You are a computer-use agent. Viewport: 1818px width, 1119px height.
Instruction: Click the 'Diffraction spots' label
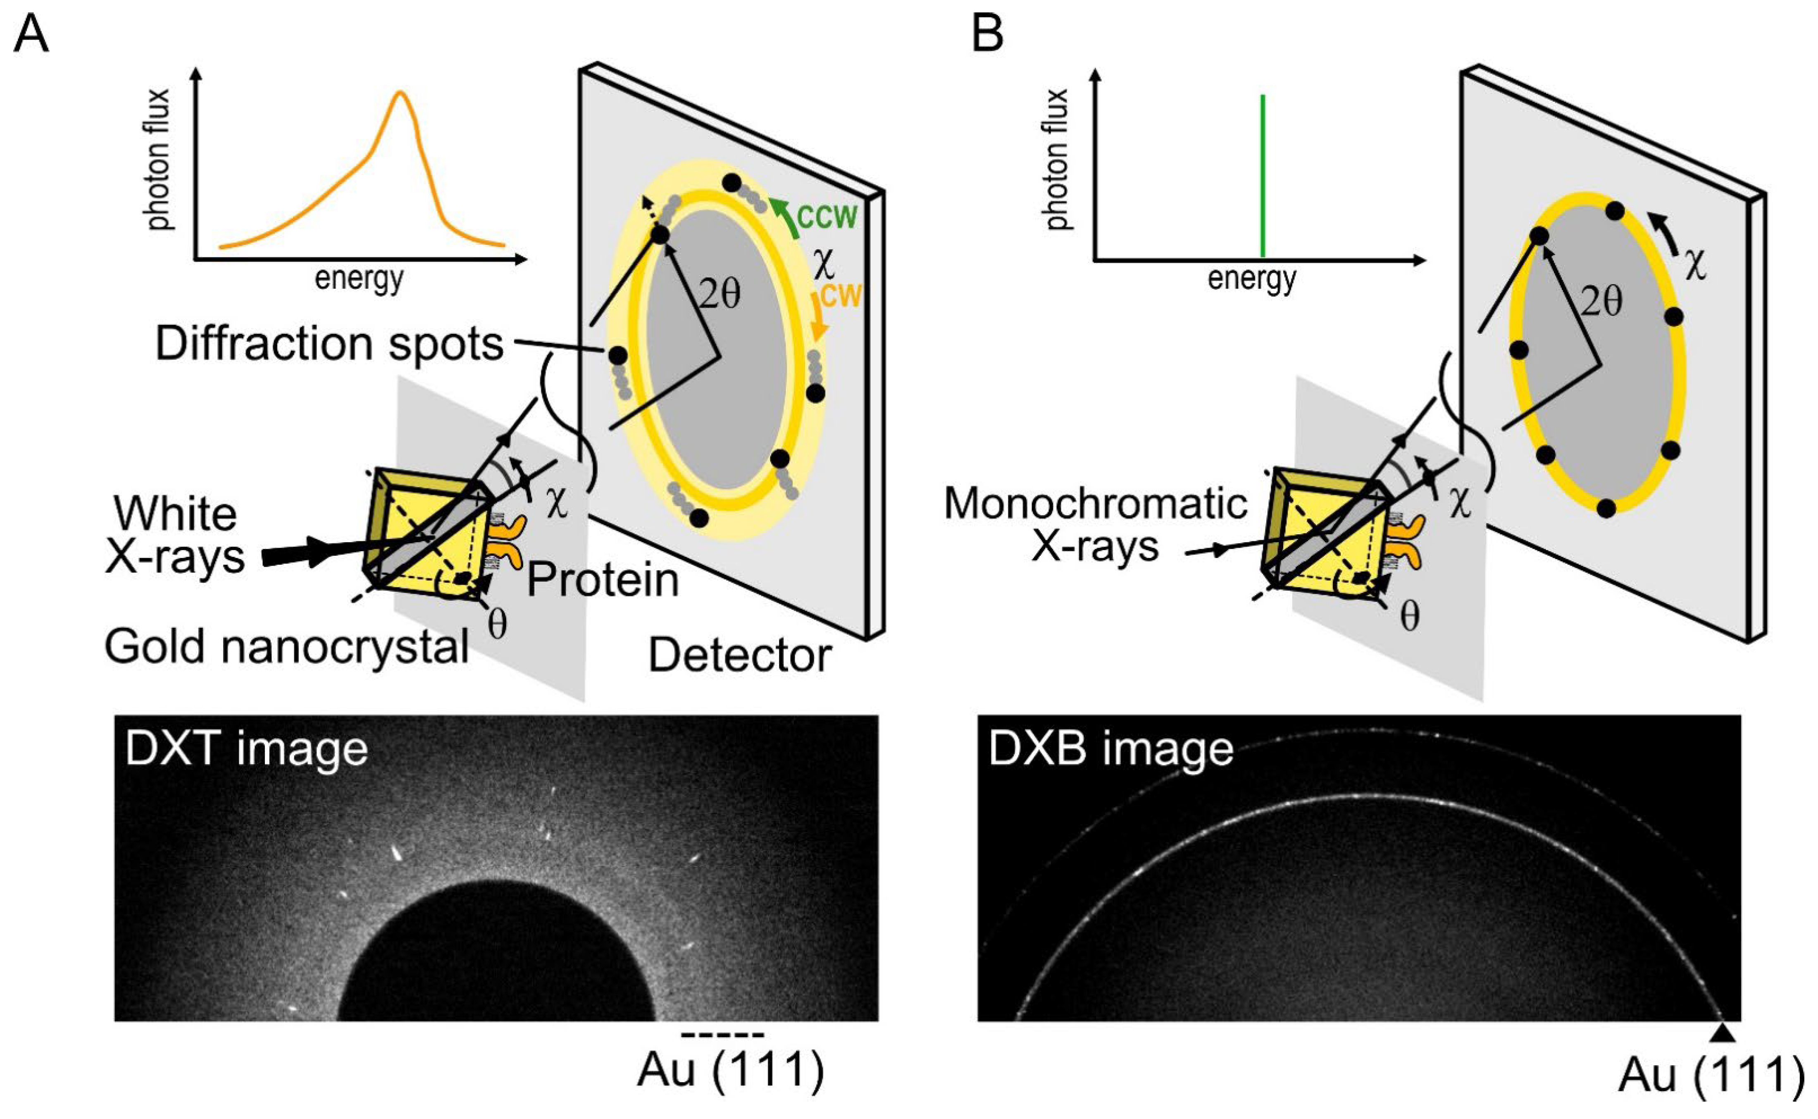click(329, 344)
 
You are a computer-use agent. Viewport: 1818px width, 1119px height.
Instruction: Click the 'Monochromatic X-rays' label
click(1095, 526)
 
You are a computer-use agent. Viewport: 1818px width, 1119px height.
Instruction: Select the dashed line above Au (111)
click(723, 1035)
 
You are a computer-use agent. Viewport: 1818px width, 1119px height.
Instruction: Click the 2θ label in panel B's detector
click(1602, 301)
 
